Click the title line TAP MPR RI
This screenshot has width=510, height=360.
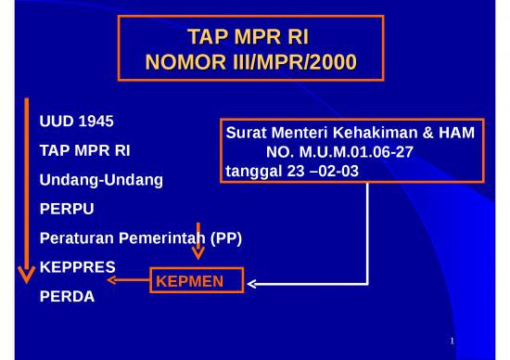pyautogui.click(x=250, y=37)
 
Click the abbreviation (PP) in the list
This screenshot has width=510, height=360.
pyautogui.click(x=225, y=238)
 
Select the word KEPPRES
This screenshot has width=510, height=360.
pyautogui.click(x=77, y=267)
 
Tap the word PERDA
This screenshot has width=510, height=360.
pyautogui.click(x=67, y=299)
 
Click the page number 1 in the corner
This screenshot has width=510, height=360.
pyautogui.click(x=452, y=344)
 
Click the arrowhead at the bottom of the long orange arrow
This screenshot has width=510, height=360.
pyautogui.click(x=27, y=273)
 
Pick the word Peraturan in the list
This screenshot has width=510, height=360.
pyautogui.click(x=77, y=238)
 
